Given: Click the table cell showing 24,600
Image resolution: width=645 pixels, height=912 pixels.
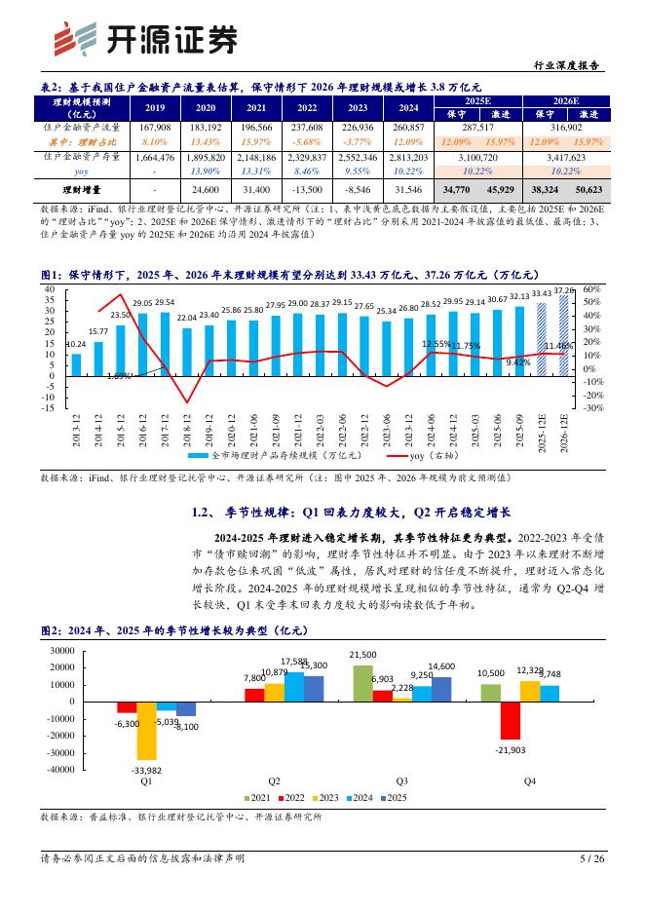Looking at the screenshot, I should point(206,189).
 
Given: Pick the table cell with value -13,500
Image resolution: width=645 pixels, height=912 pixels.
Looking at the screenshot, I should point(307,189).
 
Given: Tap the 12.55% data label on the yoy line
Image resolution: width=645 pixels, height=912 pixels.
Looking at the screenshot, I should point(437,344).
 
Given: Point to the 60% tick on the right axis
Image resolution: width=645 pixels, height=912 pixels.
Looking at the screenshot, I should point(591,289).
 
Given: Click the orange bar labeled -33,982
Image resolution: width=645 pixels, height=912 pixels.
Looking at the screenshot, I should point(147,731).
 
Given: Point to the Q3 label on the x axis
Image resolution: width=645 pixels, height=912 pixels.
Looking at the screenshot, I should point(401,781).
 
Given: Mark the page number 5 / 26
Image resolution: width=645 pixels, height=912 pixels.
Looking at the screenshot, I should point(592,858).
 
